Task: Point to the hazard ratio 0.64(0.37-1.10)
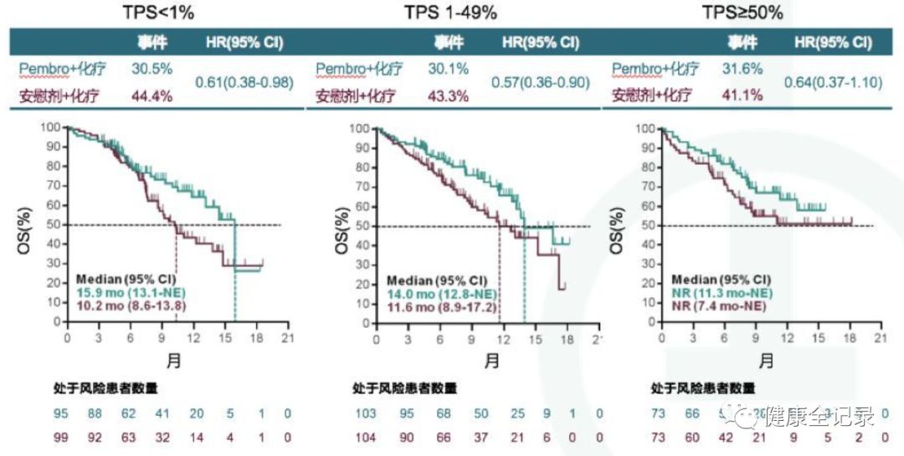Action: point(834,83)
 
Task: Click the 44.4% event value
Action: point(152,95)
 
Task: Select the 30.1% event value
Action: point(449,69)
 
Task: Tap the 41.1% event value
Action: point(742,95)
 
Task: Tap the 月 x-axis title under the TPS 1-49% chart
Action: point(492,361)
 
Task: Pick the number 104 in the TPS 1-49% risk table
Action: point(365,437)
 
